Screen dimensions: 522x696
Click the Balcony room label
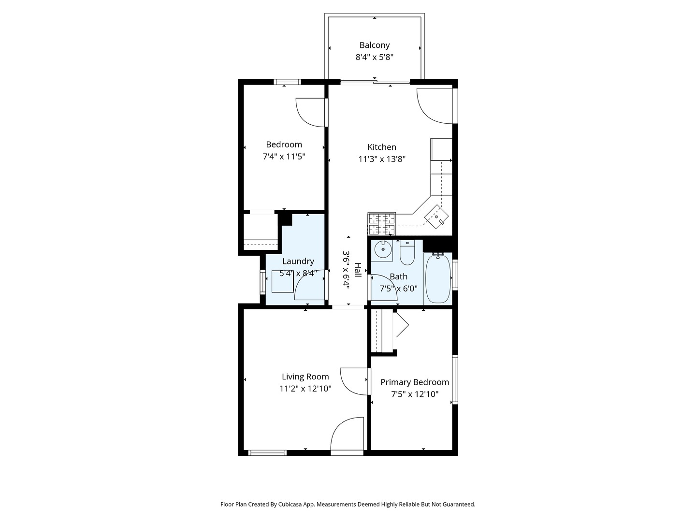pyautogui.click(x=374, y=45)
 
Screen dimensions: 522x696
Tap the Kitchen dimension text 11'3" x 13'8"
pyautogui.click(x=381, y=159)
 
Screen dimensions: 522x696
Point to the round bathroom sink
pyautogui.click(x=383, y=249)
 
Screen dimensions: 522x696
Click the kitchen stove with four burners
pyautogui.click(x=381, y=224)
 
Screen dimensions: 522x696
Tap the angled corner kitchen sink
pyautogui.click(x=437, y=216)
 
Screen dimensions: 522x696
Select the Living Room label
pyautogui.click(x=305, y=377)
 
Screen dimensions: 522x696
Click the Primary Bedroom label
pyautogui.click(x=414, y=382)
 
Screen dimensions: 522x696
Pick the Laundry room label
pyautogui.click(x=298, y=261)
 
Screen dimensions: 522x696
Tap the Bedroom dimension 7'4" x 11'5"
pyautogui.click(x=284, y=157)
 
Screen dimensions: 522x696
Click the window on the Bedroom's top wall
pyautogui.click(x=287, y=82)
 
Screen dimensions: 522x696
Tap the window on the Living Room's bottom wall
pyautogui.click(x=267, y=453)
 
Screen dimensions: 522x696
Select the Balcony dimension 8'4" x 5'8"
pyautogui.click(x=374, y=57)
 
